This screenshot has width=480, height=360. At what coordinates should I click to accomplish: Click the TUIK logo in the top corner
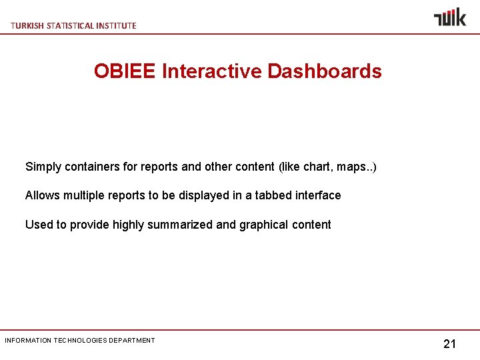[x=450, y=17]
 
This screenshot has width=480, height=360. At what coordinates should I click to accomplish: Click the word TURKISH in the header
[x=26, y=25]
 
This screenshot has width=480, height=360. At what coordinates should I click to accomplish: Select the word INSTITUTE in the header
[x=117, y=25]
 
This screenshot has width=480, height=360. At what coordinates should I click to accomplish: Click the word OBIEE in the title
[x=125, y=71]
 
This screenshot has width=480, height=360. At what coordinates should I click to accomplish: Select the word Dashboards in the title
[x=325, y=71]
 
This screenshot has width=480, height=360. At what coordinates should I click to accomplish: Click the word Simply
[x=43, y=167]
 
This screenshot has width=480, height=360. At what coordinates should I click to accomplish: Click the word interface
[x=317, y=195]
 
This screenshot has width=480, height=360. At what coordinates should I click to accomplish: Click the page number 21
[x=449, y=344]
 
